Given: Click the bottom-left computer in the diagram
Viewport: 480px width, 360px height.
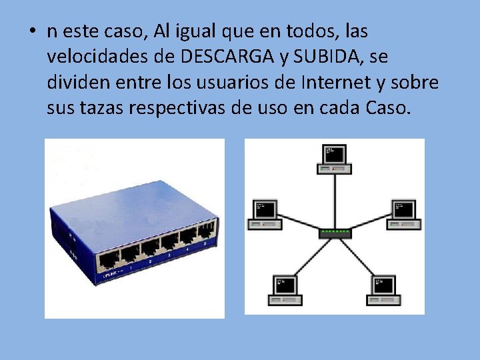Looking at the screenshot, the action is click(x=285, y=288).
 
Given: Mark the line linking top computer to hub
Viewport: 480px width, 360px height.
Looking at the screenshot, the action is click(x=334, y=200).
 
